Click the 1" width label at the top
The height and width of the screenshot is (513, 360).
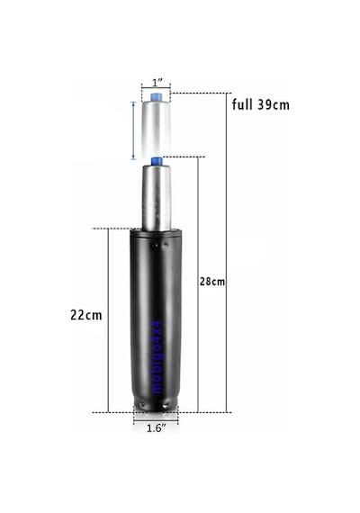pyautogui.click(x=157, y=83)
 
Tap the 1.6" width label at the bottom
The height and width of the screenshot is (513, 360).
pyautogui.click(x=156, y=428)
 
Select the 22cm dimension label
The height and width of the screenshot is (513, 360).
pyautogui.click(x=86, y=315)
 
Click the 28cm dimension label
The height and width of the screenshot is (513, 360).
pyautogui.click(x=212, y=282)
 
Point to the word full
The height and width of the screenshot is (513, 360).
pyautogui.click(x=242, y=104)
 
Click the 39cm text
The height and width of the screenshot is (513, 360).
pyautogui.click(x=274, y=104)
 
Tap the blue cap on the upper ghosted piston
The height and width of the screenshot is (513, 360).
pyautogui.click(x=156, y=97)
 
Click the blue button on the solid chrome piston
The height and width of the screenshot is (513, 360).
pyautogui.click(x=157, y=161)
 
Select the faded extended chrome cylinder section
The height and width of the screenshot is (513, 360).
pyautogui.click(x=156, y=128)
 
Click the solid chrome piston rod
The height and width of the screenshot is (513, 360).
pyautogui.click(x=156, y=197)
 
